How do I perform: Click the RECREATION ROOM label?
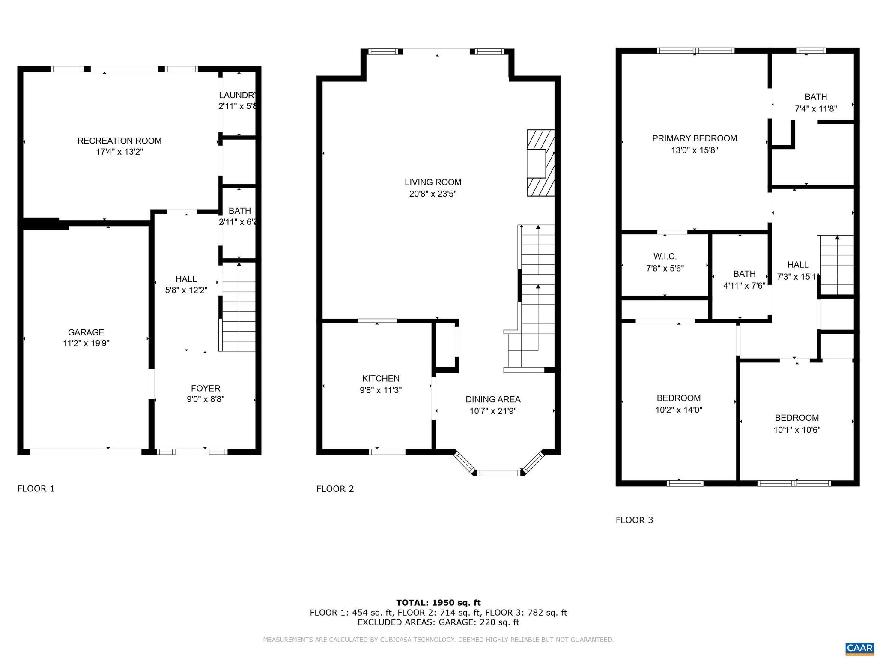pos(119,141)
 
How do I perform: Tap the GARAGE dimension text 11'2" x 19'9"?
pos(86,343)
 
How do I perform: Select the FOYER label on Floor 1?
pos(206,388)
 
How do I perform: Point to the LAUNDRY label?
pos(238,95)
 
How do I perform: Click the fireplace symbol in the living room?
pos(540,163)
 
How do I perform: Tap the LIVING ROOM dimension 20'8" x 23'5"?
pos(433,194)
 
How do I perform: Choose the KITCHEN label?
pos(381,378)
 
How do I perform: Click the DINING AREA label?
pos(493,399)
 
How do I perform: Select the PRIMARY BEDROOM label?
pos(694,138)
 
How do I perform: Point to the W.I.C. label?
pos(665,257)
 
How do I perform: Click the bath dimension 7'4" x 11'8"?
pos(815,109)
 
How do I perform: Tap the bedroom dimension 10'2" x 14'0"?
pos(679,410)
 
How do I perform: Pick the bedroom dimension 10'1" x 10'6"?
pos(796,430)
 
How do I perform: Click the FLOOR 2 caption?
pos(335,489)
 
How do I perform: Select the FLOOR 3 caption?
pos(634,520)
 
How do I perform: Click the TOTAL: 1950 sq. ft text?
pos(438,603)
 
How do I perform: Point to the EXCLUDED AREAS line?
pos(438,622)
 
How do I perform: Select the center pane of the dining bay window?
pos(499,473)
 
